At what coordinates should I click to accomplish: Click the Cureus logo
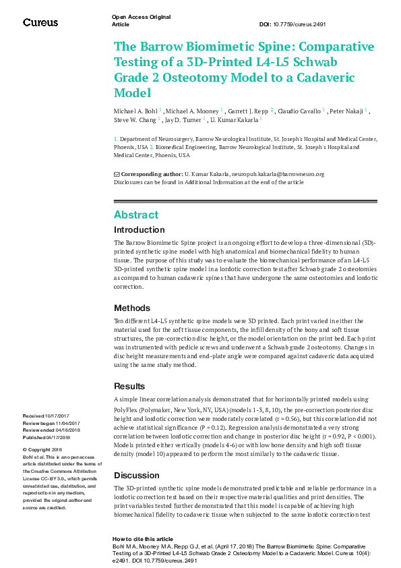tap(40, 23)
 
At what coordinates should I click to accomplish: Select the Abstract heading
tap(136, 215)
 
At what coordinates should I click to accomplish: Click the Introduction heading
tap(140, 230)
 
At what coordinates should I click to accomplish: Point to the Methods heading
tap(132, 308)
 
